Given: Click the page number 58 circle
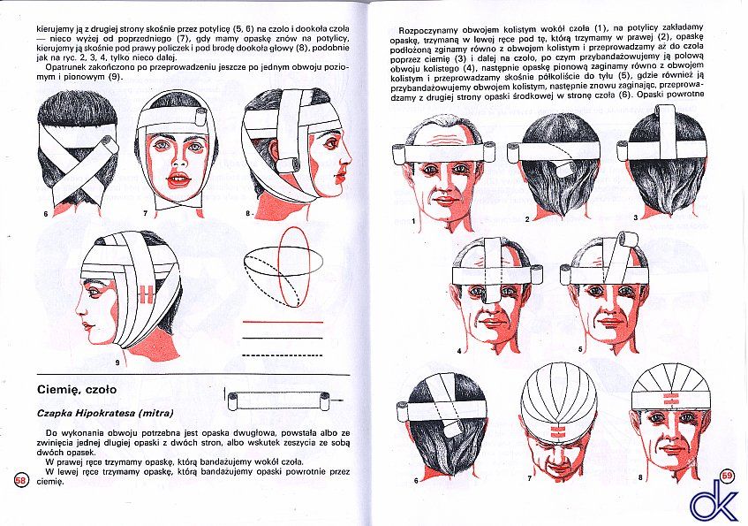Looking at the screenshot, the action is pos(21,480).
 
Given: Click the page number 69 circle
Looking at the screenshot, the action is pos(727,476).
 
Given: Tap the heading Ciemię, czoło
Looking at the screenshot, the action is pos(77,390).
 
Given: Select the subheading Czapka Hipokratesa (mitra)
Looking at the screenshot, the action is pos(105,413).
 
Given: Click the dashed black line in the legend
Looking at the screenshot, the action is pos(283,355).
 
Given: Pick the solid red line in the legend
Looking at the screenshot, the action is pos(283,322).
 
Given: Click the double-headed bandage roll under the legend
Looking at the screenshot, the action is pos(278,400).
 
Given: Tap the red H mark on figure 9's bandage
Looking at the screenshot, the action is pos(146,294).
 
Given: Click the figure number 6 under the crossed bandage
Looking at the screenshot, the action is pos(46,214).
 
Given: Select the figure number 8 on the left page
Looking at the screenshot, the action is pos(247,214).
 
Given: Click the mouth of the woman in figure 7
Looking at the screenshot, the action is pos(179,179).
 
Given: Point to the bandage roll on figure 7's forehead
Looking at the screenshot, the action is pos(200,118).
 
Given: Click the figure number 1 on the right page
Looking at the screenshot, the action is pos(413,221).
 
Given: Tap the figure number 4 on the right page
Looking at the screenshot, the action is pos(459,351).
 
